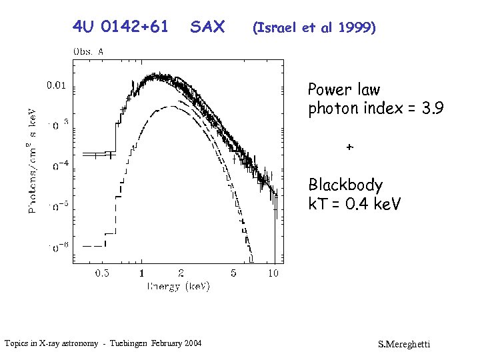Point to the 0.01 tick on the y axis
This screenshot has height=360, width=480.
(55, 85)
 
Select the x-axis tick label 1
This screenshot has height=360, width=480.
(141, 273)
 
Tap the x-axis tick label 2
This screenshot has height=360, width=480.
(181, 273)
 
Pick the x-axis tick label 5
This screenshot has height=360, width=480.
(233, 273)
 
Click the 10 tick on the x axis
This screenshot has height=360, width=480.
(273, 273)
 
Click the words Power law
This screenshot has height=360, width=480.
(343, 89)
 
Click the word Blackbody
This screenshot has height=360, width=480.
(345, 185)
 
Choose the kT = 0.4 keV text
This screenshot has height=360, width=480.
(354, 204)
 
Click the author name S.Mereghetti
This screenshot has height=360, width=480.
(404, 344)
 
